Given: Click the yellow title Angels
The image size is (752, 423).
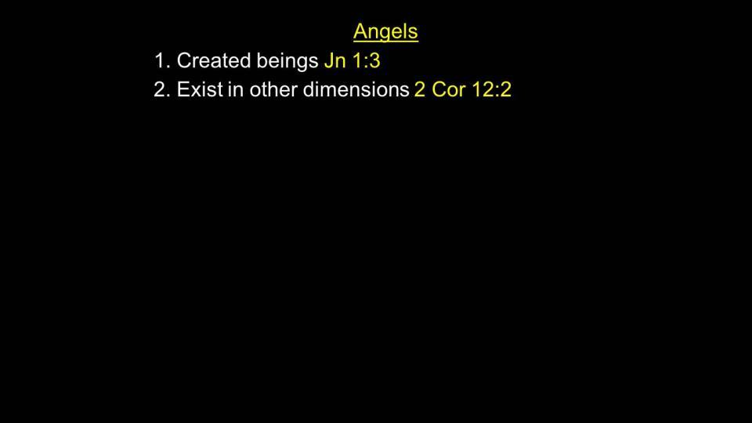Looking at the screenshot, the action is (385, 32).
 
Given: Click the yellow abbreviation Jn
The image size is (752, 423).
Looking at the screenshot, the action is (335, 61).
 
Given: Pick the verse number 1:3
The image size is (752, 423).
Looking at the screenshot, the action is (366, 61).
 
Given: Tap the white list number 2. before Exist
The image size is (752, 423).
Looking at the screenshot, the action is (161, 89).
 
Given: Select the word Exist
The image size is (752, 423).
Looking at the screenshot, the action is (200, 89).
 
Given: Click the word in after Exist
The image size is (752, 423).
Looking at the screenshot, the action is (236, 89).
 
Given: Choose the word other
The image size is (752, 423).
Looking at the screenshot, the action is (273, 89).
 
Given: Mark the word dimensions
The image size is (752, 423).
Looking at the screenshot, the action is (356, 89).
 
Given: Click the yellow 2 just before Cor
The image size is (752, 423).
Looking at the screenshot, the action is (420, 89).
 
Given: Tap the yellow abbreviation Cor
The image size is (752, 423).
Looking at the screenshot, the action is (449, 89).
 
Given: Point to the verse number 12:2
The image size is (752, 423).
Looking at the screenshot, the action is (492, 89).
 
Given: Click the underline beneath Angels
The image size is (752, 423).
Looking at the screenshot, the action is (385, 42).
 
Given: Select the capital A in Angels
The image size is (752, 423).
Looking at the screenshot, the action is (360, 31).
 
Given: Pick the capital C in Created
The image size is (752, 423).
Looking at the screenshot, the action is (185, 61).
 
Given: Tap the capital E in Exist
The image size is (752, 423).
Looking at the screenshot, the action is (183, 89).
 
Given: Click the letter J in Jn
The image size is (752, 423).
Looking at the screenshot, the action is (330, 61).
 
